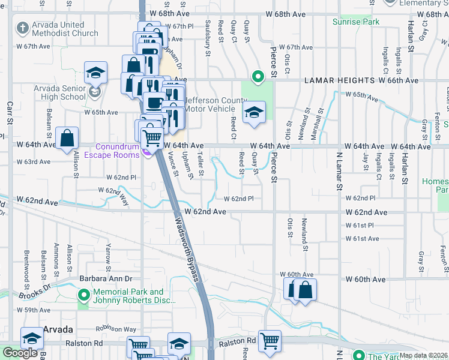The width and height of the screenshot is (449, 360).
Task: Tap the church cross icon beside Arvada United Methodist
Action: tap(22, 28)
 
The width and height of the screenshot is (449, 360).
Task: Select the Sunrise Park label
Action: tap(357, 22)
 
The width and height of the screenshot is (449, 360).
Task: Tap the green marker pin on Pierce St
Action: tap(258, 77)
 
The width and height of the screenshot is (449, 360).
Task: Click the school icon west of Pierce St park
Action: tap(254, 112)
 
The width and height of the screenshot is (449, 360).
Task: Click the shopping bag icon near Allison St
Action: tap(67, 137)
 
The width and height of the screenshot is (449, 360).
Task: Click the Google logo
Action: tap(20, 353)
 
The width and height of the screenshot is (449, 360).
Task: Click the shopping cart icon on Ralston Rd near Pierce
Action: tap(270, 341)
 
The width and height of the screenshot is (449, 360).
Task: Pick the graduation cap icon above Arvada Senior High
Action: tap(95, 73)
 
